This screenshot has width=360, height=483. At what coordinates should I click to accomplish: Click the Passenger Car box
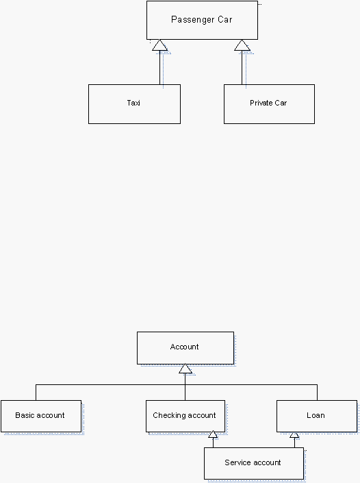[x=202, y=21]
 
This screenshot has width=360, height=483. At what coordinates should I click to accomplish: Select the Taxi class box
[x=134, y=104]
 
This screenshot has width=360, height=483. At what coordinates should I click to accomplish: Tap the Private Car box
[x=269, y=104]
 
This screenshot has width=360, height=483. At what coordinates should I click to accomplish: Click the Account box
[x=185, y=348]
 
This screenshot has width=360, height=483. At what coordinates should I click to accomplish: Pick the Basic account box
[x=41, y=416]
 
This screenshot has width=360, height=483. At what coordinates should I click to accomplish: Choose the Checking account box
[x=185, y=416]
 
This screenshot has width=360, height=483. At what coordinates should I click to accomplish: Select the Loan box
[x=317, y=416]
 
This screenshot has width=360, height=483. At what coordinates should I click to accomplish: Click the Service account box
[x=254, y=463]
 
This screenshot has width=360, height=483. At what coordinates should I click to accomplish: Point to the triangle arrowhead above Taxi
[x=159, y=45]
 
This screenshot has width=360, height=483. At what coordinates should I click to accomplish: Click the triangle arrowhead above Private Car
[x=242, y=45]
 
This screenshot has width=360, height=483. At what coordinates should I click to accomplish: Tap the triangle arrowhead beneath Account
[x=185, y=369]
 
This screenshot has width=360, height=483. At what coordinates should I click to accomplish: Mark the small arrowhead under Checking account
[x=213, y=434]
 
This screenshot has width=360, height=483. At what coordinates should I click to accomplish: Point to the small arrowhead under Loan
[x=294, y=434]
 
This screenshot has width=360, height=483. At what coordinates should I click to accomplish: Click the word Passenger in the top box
[x=192, y=20]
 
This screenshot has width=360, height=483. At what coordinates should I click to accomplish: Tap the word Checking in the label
[x=169, y=416]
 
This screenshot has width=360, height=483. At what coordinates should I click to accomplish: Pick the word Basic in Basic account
[x=25, y=415]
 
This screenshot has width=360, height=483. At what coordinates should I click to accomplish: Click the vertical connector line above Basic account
[x=36, y=393]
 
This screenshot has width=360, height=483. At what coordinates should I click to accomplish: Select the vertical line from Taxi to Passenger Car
[x=160, y=67]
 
